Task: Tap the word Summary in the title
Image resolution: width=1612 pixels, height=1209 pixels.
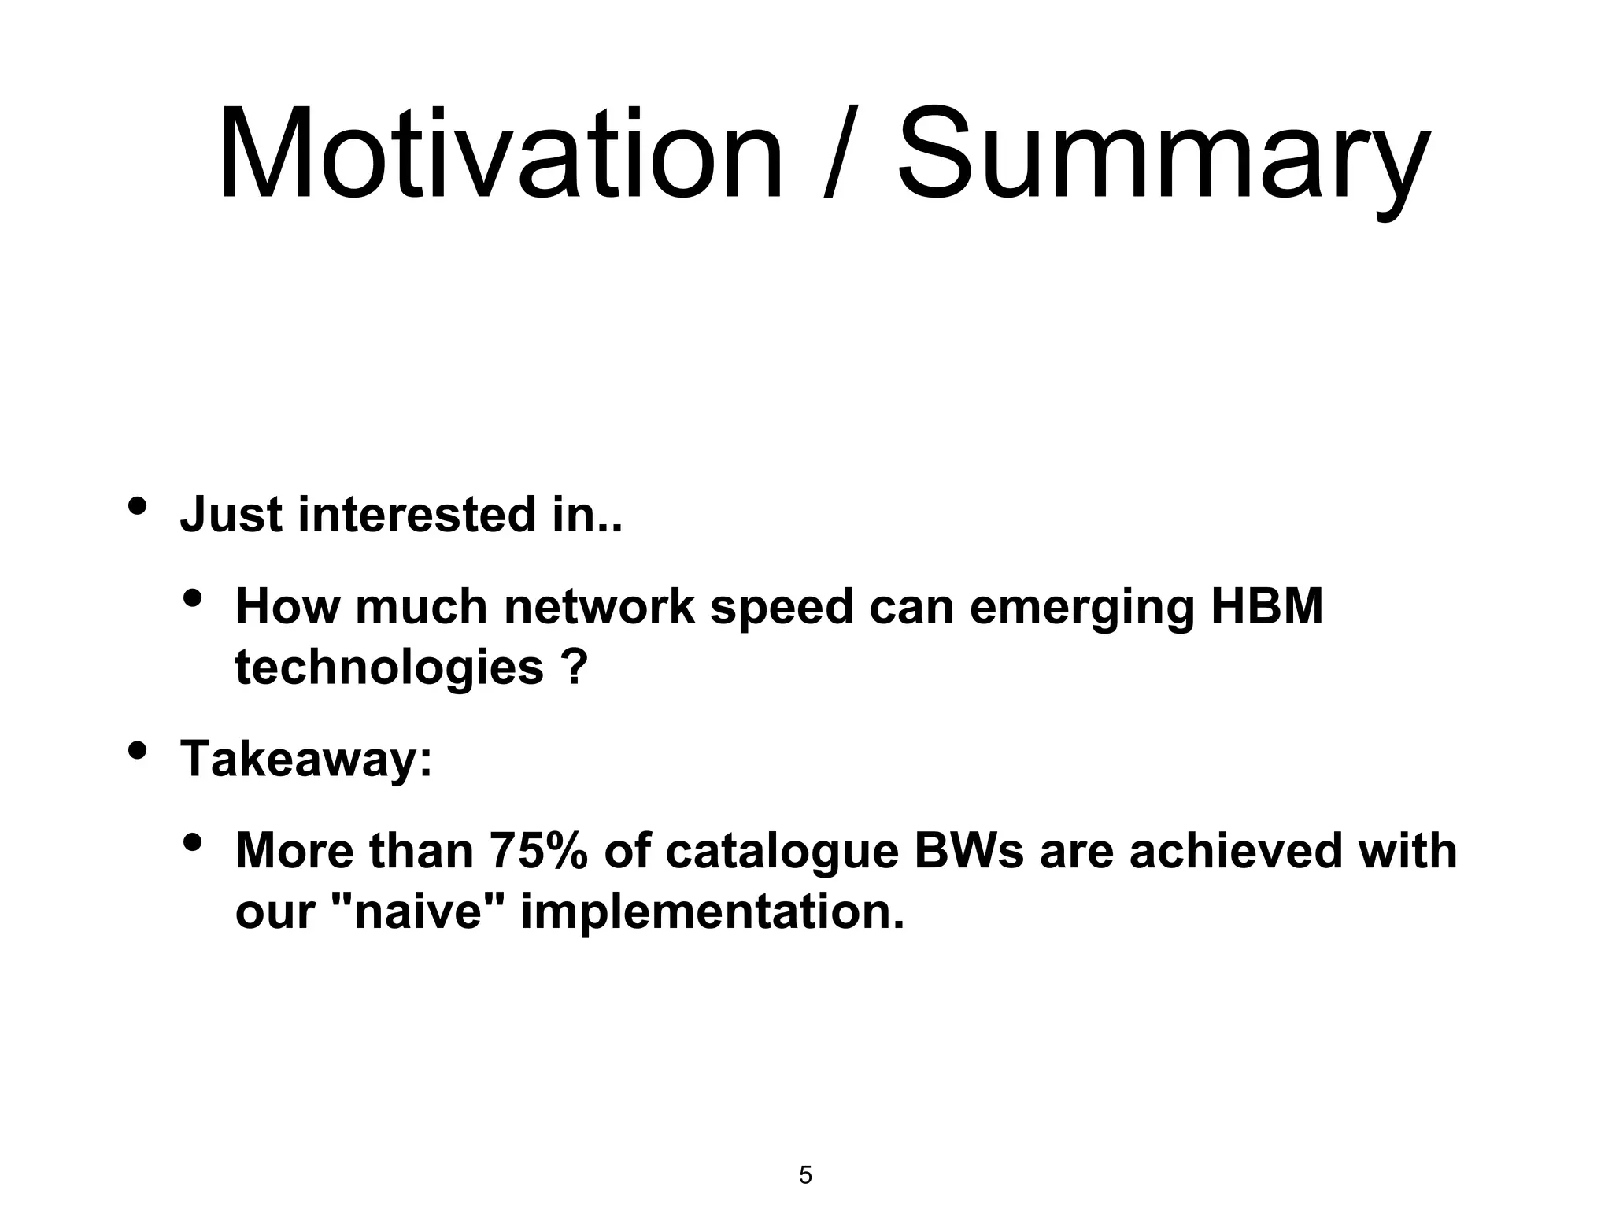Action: pos(1163,157)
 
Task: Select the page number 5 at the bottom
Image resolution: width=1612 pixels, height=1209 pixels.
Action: pos(805,1175)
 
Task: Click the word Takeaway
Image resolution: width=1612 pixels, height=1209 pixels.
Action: pos(305,760)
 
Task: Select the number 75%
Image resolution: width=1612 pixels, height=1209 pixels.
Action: pos(538,852)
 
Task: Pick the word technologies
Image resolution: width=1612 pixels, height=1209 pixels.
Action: pos(389,668)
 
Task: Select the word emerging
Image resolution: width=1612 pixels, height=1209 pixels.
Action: pos(1081,608)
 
